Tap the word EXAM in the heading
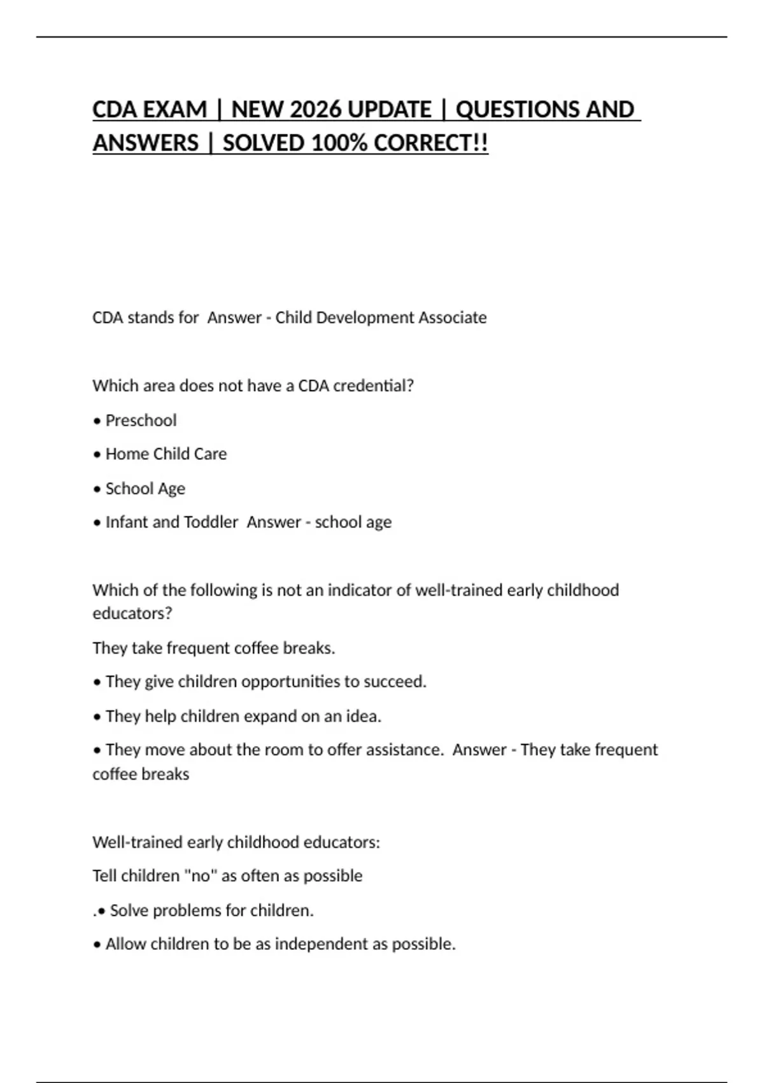(176, 110)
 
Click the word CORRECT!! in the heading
(431, 143)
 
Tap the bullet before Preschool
(97, 421)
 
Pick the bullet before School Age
(97, 489)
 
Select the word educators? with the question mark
(132, 613)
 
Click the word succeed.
(395, 682)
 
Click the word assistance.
(404, 750)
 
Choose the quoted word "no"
(201, 876)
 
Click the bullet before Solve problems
(101, 911)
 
